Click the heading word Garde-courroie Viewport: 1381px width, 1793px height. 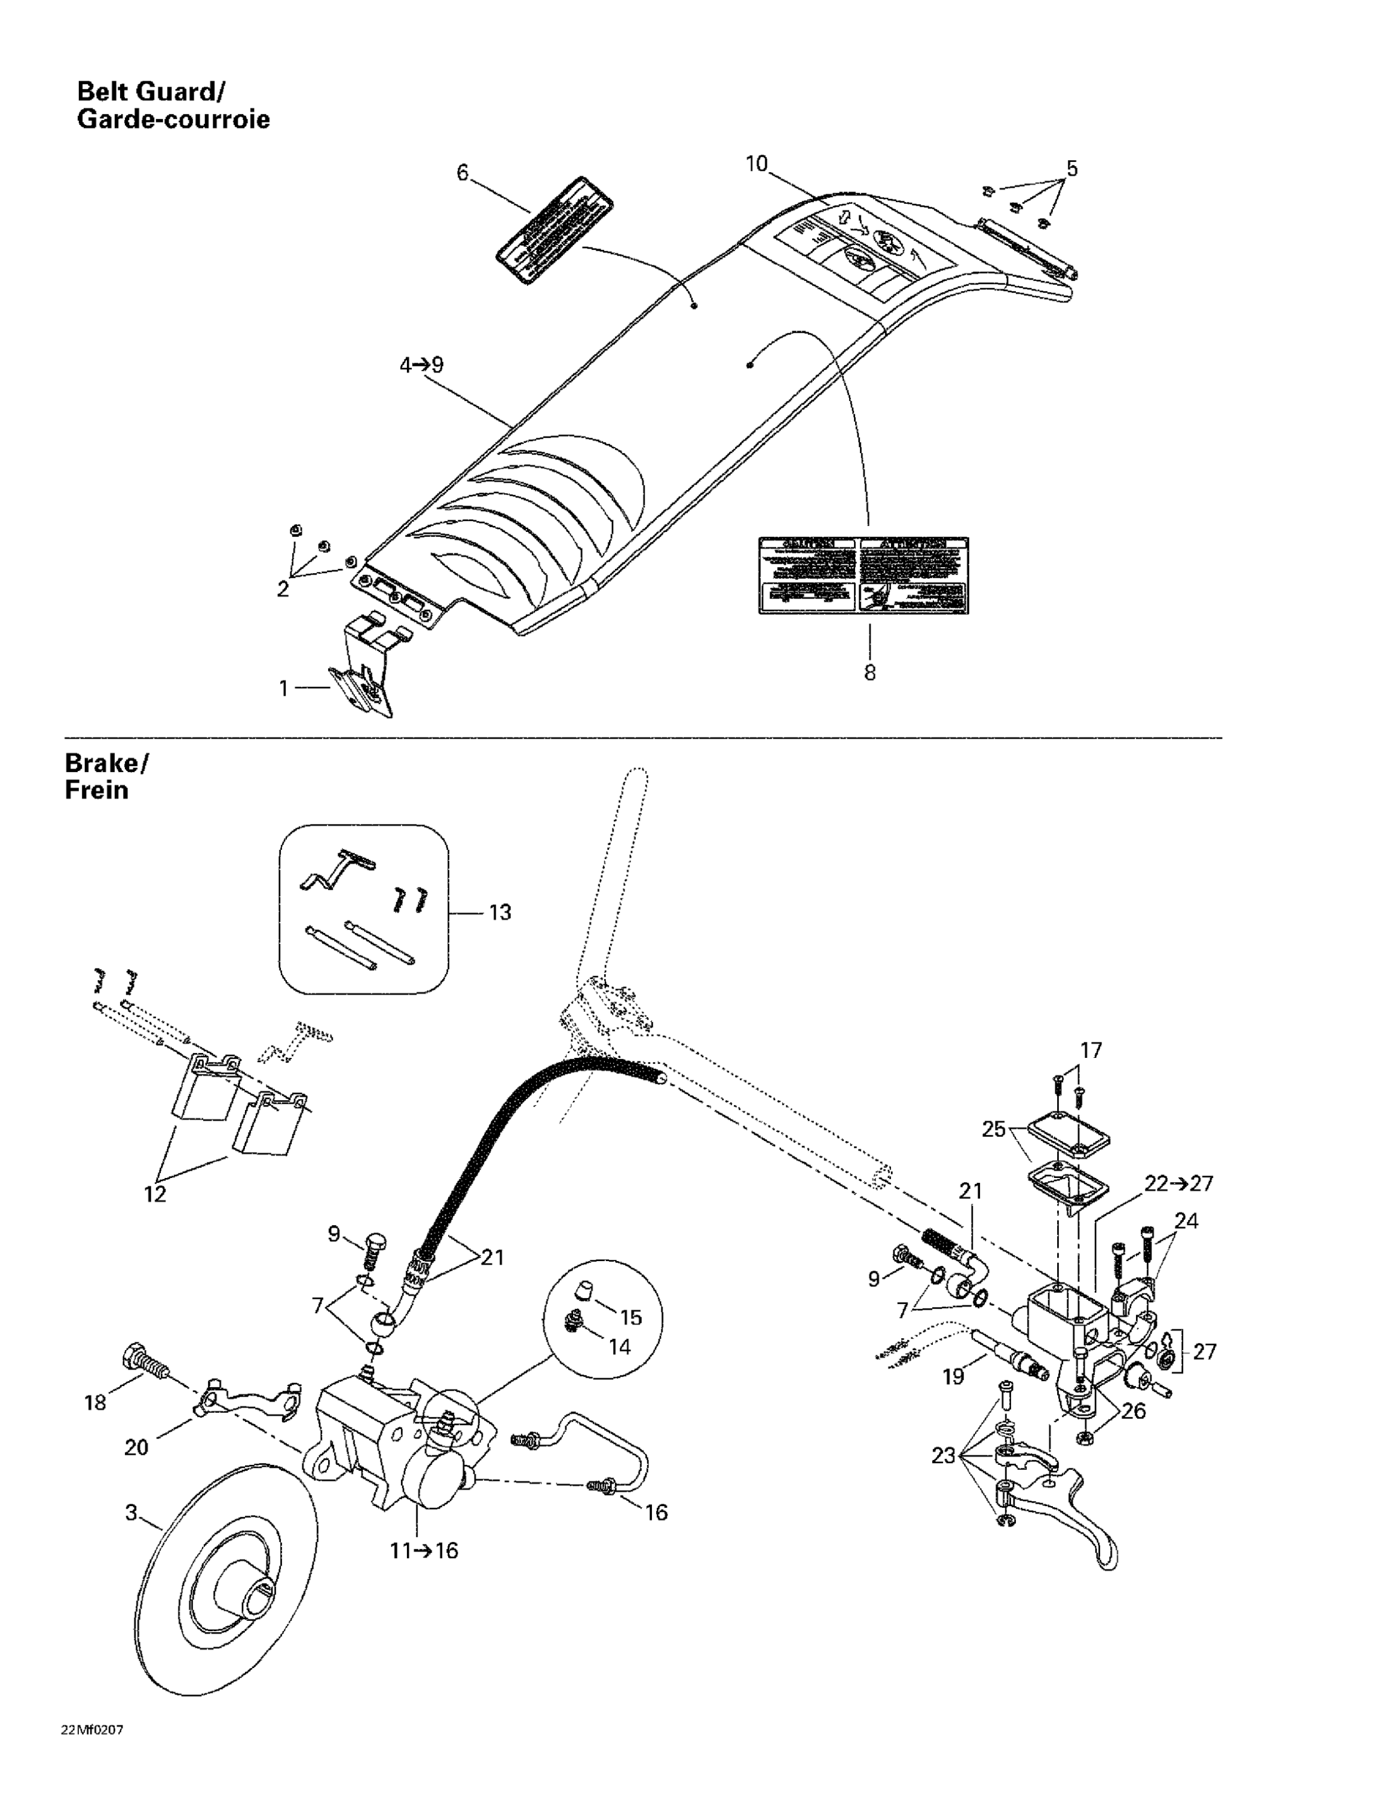(173, 120)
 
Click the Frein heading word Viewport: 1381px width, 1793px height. (96, 791)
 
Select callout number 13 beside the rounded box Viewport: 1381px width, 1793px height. (499, 912)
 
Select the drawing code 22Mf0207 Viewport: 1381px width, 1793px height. (92, 1730)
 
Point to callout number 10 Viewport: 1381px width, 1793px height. (755, 164)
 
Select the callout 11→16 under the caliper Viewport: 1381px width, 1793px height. (424, 1551)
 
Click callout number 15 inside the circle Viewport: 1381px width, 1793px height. (630, 1318)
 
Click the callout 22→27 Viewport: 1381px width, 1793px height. (1178, 1184)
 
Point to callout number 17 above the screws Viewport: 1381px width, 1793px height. (1091, 1050)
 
